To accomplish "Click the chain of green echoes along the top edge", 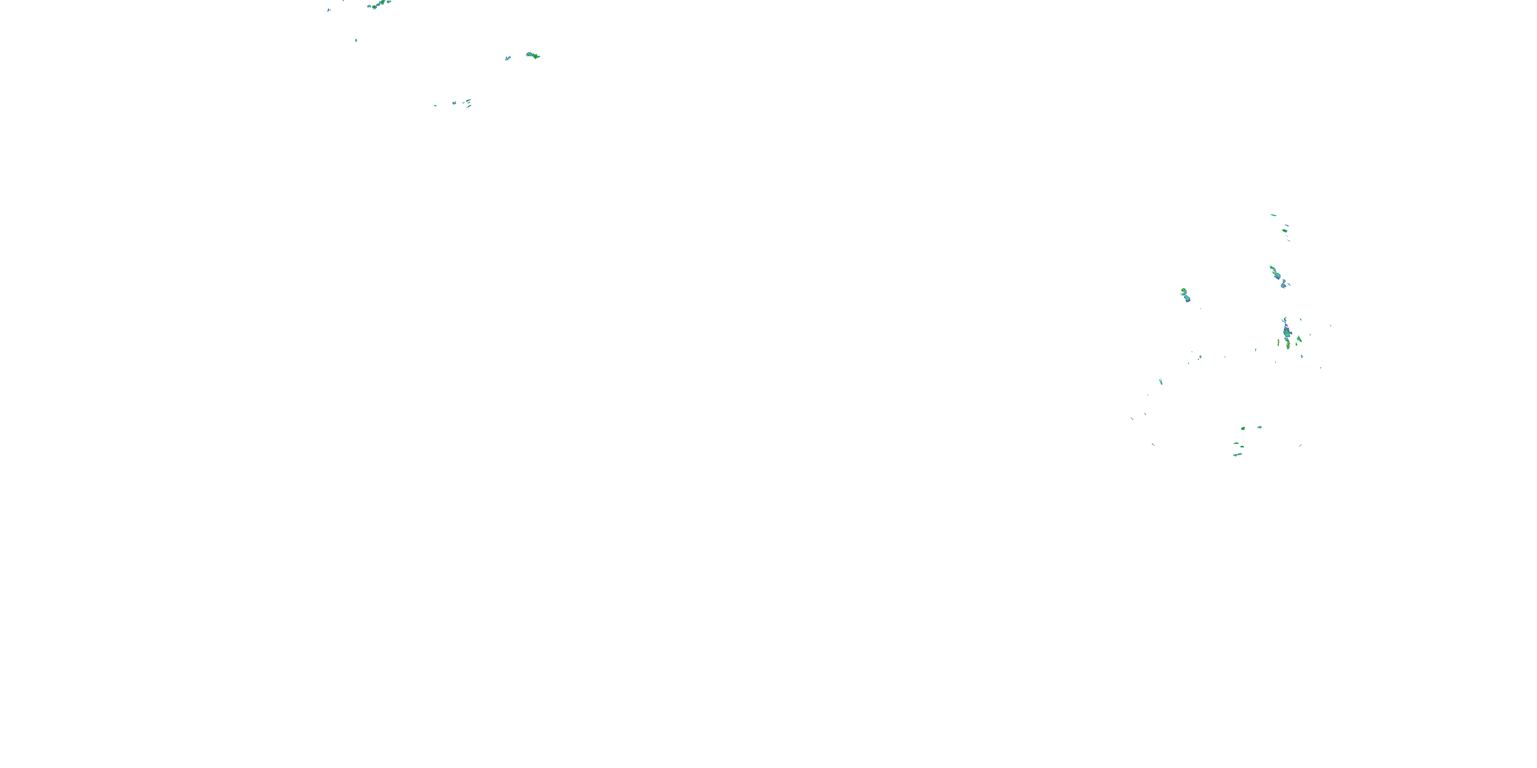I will pos(379,5).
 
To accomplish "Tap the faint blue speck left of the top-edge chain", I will pos(329,10).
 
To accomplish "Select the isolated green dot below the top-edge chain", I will pos(356,40).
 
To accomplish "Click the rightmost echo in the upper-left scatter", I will pos(533,55).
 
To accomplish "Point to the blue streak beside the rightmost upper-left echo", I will pos(508,58).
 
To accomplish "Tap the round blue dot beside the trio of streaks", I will pos(454,103).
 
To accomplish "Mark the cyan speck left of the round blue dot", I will pos(435,105).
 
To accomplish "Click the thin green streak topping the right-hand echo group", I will pos(1273,215).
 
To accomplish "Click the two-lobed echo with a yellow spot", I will pos(1185,294).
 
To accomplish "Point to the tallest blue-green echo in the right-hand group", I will pos(1286,330).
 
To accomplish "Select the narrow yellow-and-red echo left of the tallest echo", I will pos(1279,343).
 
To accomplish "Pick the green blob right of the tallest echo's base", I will pos(1299,338).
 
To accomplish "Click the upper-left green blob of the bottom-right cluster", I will pos(1243,428).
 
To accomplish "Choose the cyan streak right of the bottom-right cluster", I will pos(1300,445).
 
